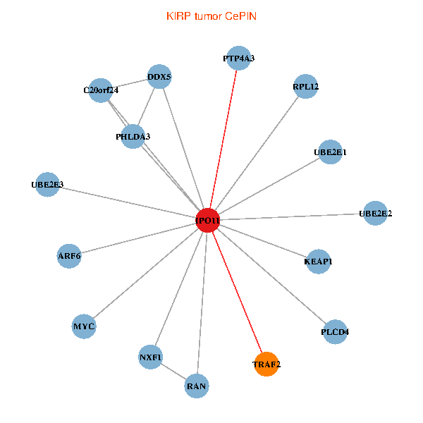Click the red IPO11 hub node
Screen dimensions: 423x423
208,220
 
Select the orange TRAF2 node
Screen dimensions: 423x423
266,364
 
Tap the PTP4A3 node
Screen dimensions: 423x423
239,58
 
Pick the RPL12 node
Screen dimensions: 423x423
305,86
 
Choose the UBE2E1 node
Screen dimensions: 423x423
330,152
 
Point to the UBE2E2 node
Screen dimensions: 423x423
375,213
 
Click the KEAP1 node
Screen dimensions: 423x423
319,262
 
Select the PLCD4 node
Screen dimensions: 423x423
335,331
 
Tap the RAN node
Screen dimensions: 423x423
197,386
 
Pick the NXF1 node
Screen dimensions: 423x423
150,357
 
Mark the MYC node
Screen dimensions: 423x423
84,326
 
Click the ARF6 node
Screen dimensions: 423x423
69,256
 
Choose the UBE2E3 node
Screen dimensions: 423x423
47,184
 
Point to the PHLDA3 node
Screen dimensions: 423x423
133,137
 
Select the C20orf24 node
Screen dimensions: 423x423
100,90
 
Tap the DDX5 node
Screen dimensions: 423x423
159,76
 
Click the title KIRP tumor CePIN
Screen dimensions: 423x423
211,16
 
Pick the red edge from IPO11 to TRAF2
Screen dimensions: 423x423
238,293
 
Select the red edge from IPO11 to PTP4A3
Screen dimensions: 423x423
223,139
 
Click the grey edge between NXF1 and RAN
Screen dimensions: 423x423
173,372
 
